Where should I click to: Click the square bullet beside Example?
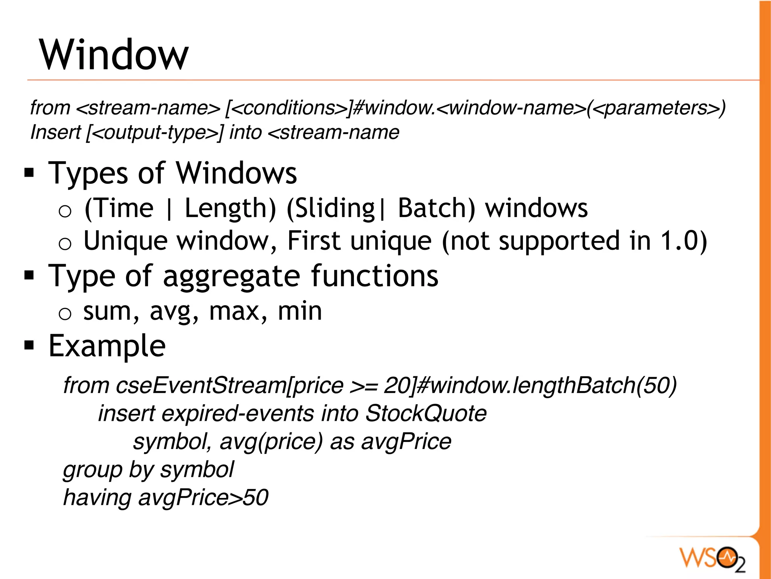pos(29,345)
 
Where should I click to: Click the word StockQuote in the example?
pos(426,413)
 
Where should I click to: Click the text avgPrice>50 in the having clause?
pos(203,497)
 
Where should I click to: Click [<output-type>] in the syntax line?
pos(155,132)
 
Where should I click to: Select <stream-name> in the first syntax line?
pos(148,108)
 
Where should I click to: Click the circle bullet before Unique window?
pos(65,244)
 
